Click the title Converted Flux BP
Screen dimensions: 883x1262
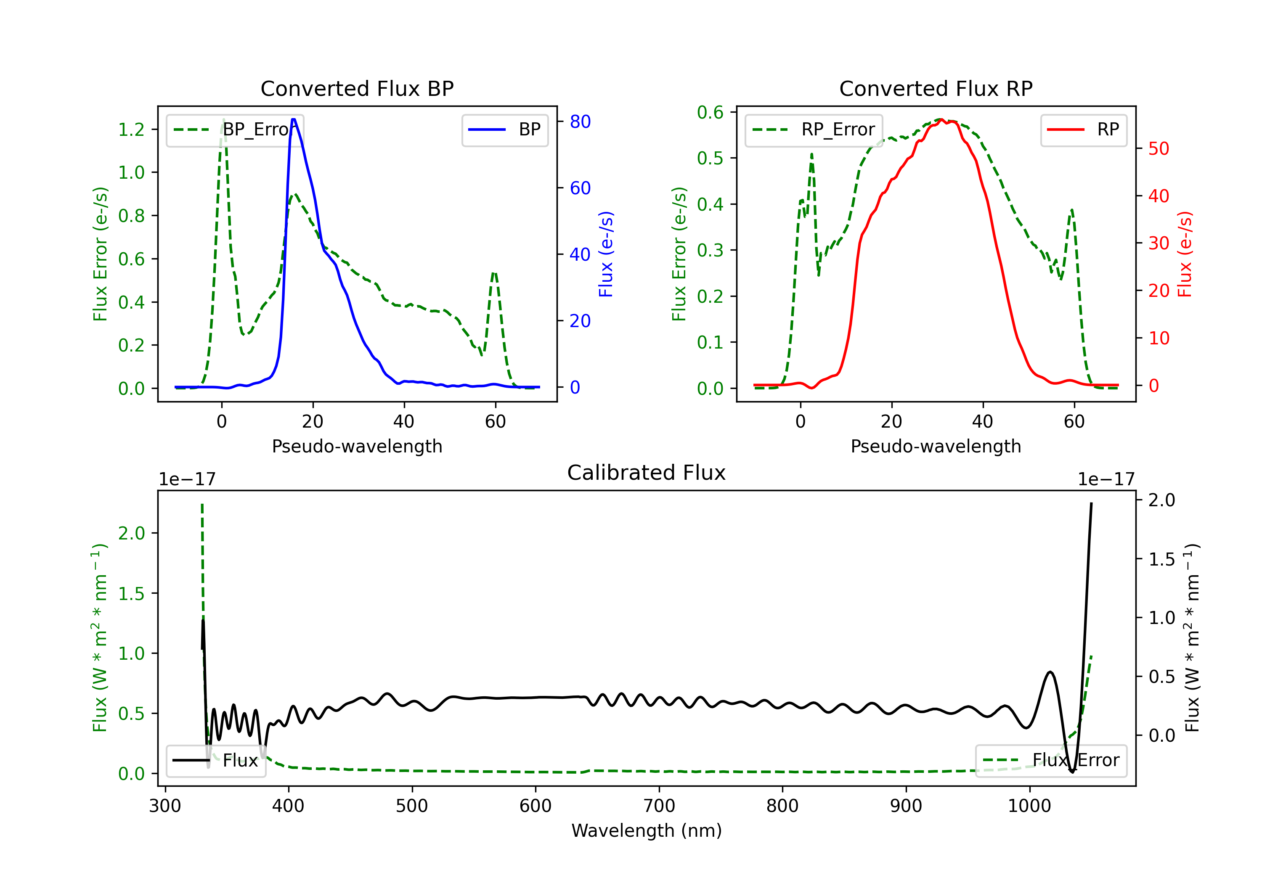pyautogui.click(x=357, y=88)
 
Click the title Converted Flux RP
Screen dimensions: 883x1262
pyautogui.click(x=936, y=88)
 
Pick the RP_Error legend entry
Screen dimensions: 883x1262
pyautogui.click(x=814, y=130)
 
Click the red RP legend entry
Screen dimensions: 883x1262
pyautogui.click(x=1083, y=130)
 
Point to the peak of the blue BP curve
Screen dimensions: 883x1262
pyautogui.click(x=294, y=119)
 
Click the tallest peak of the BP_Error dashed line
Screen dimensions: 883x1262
pyautogui.click(x=223, y=120)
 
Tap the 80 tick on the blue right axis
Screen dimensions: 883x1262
pyautogui.click(x=580, y=122)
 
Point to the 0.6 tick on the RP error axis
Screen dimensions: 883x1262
pyautogui.click(x=710, y=112)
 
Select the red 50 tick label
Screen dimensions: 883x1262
pyautogui.click(x=1159, y=148)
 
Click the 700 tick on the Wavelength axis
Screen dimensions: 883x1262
pyautogui.click(x=659, y=806)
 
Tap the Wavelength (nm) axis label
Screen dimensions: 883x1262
pyautogui.click(x=647, y=830)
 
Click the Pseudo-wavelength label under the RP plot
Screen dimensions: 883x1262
pyautogui.click(x=936, y=446)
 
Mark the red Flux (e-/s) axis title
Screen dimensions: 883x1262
pyautogui.click(x=1185, y=254)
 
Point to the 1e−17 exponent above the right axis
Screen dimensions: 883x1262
pyautogui.click(x=1106, y=479)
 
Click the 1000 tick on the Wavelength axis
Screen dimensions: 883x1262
pyautogui.click(x=1029, y=806)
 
